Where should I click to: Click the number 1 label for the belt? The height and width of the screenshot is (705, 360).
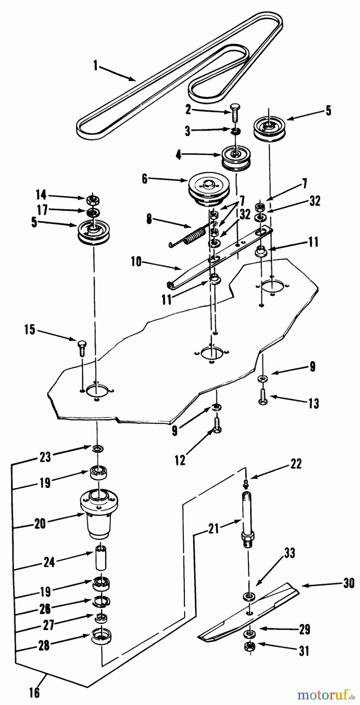pyautogui.click(x=96, y=65)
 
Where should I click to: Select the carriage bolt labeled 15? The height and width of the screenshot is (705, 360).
pyautogui.click(x=82, y=346)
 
